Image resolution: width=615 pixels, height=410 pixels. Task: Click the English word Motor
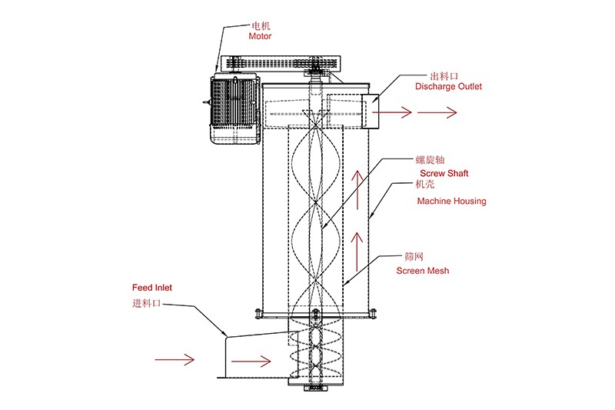coord(260,35)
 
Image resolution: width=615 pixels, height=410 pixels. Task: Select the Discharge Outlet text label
coord(448,87)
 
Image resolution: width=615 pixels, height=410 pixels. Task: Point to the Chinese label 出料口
coord(445,76)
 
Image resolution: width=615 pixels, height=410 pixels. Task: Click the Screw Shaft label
coord(444,174)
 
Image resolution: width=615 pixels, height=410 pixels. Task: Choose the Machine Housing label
coord(451,202)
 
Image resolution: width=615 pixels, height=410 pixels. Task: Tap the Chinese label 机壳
coord(426,185)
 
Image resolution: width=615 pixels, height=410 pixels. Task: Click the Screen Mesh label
coord(423,271)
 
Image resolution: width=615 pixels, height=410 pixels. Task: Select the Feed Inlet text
coord(152,288)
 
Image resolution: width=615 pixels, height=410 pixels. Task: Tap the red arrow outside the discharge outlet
coord(437,112)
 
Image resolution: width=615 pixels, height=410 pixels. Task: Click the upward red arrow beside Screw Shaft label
coord(356,188)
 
